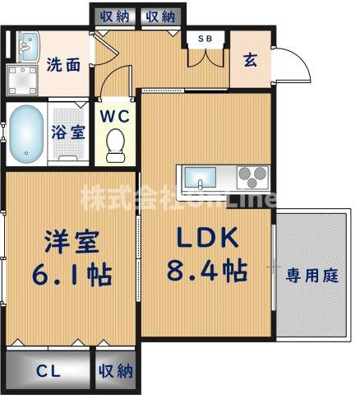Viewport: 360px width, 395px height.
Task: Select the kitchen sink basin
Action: coord(201,178)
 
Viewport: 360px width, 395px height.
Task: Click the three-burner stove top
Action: coord(252,177)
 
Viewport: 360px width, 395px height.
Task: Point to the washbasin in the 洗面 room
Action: coord(29,47)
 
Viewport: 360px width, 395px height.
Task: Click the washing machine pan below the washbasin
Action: coord(22,81)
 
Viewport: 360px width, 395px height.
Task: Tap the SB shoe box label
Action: coord(205,39)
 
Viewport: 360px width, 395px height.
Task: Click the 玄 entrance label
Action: coord(251,60)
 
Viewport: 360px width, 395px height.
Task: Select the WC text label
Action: coord(115,116)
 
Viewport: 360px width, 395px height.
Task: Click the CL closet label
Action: coord(48,372)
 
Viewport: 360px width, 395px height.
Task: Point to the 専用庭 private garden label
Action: coord(312,276)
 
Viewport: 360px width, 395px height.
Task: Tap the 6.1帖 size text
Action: coord(72,274)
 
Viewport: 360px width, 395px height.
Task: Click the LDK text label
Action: coord(207,238)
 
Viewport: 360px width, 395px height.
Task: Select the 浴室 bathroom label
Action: coord(68,132)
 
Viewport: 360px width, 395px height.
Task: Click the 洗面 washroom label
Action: coord(63,64)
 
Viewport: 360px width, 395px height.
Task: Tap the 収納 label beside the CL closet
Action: coord(116,371)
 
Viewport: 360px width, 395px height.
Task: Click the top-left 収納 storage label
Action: coord(114,17)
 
